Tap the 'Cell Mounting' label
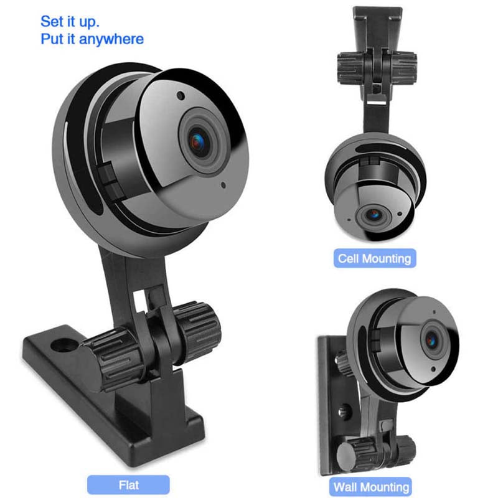tap(374, 258)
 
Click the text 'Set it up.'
tap(70, 21)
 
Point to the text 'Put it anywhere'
tap(92, 39)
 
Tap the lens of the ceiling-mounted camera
tap(374, 215)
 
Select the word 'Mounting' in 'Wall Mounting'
tap(387, 486)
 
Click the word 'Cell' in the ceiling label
tap(349, 258)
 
